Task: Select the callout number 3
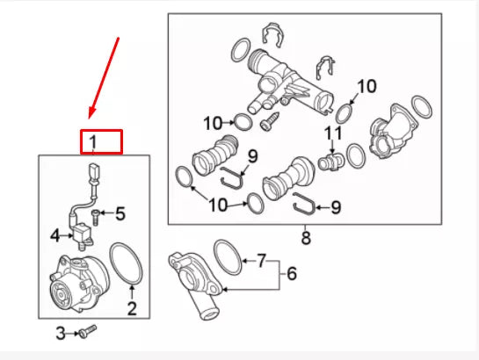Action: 61,333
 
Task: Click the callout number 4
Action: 54,234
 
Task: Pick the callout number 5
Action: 120,213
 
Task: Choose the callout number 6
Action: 292,274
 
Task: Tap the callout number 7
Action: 261,262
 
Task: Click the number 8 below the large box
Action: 306,237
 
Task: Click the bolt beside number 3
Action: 86,331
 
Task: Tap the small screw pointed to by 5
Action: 98,213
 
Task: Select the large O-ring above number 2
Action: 128,266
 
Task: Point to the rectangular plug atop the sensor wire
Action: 91,170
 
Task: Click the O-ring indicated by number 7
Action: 229,255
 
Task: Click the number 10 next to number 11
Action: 366,86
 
